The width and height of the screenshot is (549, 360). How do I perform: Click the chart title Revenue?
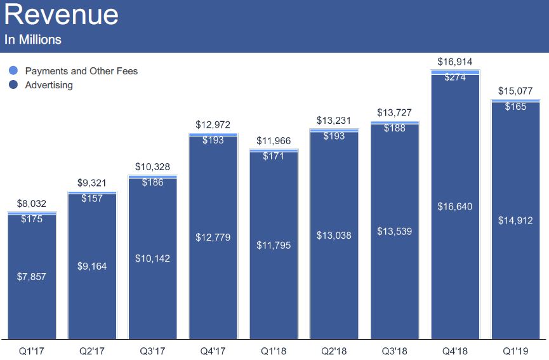[x=61, y=15]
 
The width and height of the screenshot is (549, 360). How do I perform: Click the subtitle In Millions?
[x=33, y=39]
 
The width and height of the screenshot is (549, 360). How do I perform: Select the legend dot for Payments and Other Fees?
[x=13, y=70]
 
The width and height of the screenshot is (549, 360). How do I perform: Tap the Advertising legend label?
[x=49, y=85]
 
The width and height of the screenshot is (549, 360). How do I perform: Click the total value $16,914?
[x=455, y=62]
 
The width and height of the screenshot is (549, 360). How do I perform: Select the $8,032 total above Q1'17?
[x=32, y=204]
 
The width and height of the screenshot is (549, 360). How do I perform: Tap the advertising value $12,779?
[x=213, y=237]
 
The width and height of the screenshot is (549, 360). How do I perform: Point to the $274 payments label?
[x=455, y=77]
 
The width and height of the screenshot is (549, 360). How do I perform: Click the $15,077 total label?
[x=515, y=91]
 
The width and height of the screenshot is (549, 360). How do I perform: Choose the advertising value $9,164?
[x=92, y=266]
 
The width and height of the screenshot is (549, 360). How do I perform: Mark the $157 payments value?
[x=93, y=198]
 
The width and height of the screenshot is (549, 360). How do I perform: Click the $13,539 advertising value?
[x=395, y=231]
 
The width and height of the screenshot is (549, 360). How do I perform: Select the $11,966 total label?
[x=274, y=141]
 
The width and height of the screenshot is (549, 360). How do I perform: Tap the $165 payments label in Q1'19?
[x=515, y=107]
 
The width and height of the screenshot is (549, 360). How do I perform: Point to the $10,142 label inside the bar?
[x=152, y=258]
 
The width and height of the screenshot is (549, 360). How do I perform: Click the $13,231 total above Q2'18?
[x=334, y=121]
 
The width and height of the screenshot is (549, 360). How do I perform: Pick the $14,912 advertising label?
[x=515, y=221]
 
